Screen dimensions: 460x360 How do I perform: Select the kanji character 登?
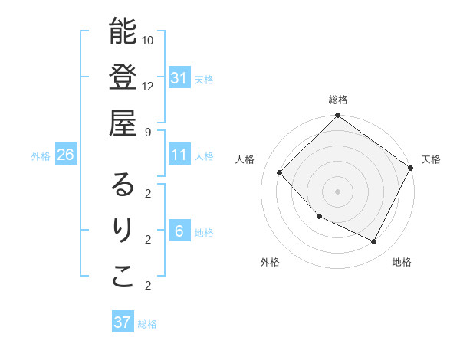tap(123, 77)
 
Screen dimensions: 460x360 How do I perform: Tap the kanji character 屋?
tap(123, 122)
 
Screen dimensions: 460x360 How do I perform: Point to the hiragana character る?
tap(123, 185)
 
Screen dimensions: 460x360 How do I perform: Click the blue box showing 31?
tap(179, 77)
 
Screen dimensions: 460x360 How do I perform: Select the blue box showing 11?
tap(179, 155)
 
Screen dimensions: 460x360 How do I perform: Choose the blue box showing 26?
tap(66, 155)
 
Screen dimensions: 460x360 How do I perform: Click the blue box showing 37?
tap(123, 322)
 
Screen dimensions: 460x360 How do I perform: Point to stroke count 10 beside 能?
tap(148, 40)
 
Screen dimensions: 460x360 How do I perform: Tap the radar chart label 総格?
tap(338, 100)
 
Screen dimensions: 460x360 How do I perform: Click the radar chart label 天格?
tap(431, 159)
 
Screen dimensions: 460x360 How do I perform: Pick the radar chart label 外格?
tap(270, 262)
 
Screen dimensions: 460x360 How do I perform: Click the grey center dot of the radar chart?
tap(338, 191)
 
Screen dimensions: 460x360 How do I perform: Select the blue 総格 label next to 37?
tap(147, 324)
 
